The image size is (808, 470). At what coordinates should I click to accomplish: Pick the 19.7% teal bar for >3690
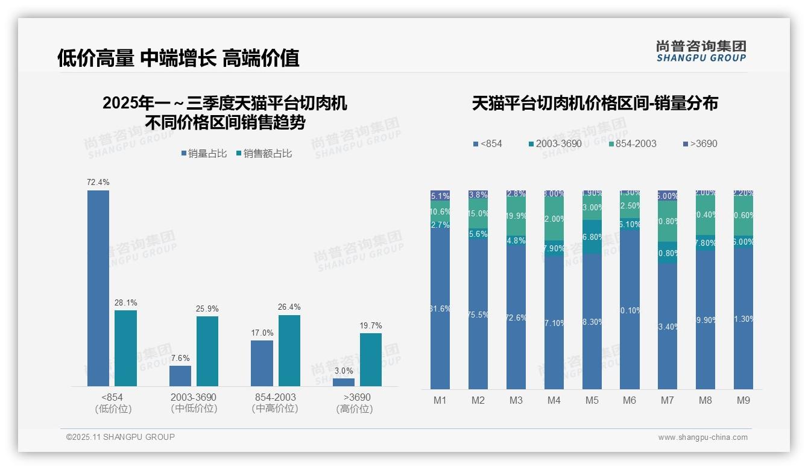click(x=371, y=360)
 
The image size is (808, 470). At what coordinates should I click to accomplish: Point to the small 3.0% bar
click(x=344, y=382)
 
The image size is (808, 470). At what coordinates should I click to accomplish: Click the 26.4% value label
click(x=289, y=307)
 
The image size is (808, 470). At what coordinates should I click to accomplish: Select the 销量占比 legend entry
click(x=204, y=154)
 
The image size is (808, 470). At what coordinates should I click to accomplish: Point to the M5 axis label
click(x=592, y=400)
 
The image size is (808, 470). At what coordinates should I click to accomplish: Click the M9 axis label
click(x=743, y=400)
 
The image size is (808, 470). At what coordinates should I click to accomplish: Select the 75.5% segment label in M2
click(x=478, y=315)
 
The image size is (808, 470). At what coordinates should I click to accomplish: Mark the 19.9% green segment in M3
click(x=516, y=216)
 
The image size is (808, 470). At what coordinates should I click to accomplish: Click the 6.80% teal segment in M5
click(x=592, y=237)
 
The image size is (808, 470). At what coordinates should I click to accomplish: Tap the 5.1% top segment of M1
click(x=440, y=196)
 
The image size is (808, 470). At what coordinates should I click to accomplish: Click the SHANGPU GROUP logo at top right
click(x=701, y=51)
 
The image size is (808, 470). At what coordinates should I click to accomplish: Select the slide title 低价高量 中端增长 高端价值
click(x=178, y=58)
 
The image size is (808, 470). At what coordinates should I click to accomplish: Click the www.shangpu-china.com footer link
click(x=702, y=437)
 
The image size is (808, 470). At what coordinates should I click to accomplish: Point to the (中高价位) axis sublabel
click(x=276, y=409)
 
